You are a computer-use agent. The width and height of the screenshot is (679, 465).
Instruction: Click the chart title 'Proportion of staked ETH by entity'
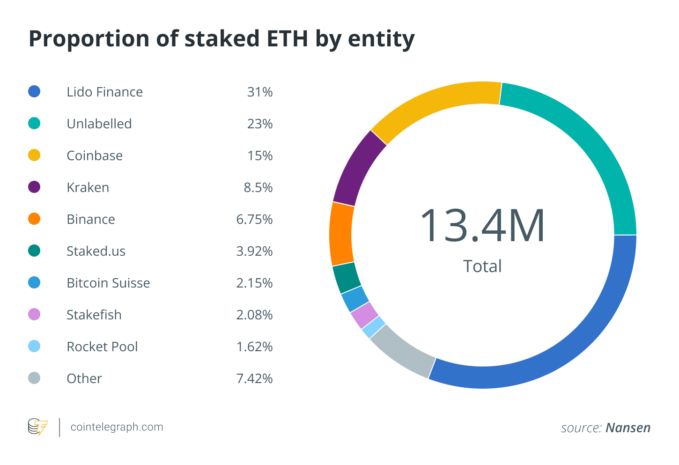(x=221, y=39)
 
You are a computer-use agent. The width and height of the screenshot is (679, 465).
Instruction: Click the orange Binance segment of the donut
(x=341, y=234)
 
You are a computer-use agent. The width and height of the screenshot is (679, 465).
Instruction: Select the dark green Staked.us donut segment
(x=347, y=277)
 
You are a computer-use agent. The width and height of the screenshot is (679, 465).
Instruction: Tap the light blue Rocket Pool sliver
(x=374, y=327)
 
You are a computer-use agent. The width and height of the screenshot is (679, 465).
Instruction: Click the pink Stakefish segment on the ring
(x=364, y=315)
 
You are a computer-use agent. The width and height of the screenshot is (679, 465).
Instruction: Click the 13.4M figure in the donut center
(x=482, y=226)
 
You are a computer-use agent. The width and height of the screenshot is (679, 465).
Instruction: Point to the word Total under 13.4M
(x=482, y=266)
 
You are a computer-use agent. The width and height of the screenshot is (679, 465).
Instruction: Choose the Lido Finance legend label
(x=104, y=92)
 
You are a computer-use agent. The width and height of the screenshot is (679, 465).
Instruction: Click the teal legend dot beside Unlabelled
(x=34, y=124)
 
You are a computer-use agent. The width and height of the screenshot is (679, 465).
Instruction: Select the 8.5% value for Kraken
(x=258, y=187)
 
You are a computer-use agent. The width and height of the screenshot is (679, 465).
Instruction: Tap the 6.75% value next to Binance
(x=254, y=219)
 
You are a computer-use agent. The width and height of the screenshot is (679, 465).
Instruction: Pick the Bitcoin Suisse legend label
(x=108, y=283)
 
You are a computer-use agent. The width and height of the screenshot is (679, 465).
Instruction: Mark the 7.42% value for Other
(x=254, y=378)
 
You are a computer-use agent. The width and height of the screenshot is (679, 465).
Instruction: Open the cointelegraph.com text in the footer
(x=117, y=427)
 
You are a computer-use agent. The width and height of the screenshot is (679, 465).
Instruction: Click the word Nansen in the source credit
(x=628, y=428)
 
